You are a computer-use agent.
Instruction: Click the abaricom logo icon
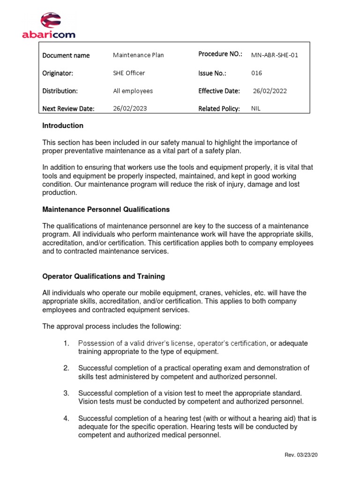coord(50,21)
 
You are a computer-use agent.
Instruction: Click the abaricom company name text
coord(49,34)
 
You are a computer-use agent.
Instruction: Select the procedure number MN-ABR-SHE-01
coord(274,55)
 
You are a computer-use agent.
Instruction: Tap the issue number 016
coord(256,73)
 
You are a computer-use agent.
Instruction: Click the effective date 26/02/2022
coord(270,91)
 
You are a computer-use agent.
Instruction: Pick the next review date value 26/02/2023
coord(130,108)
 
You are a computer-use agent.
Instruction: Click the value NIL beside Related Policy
coord(256,108)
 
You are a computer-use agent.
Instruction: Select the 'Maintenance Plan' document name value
coord(138,55)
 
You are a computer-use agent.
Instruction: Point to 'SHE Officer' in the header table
coord(129,73)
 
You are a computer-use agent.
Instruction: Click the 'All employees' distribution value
coord(133,91)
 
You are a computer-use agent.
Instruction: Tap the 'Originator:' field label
coord(58,73)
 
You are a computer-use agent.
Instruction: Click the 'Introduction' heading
coord(63,126)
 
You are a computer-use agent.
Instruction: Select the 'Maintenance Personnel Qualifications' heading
coord(106,209)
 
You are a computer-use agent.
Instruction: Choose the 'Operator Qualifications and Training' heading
coord(104,277)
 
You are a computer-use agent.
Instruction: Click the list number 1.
coord(67,344)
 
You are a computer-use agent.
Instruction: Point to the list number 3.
coord(67,393)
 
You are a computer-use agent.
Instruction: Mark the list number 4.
coord(67,418)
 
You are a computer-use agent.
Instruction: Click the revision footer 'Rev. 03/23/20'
coord(304,455)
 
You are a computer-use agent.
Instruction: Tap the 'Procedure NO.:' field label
coord(220,54)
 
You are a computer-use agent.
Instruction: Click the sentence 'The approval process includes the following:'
coord(111,326)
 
